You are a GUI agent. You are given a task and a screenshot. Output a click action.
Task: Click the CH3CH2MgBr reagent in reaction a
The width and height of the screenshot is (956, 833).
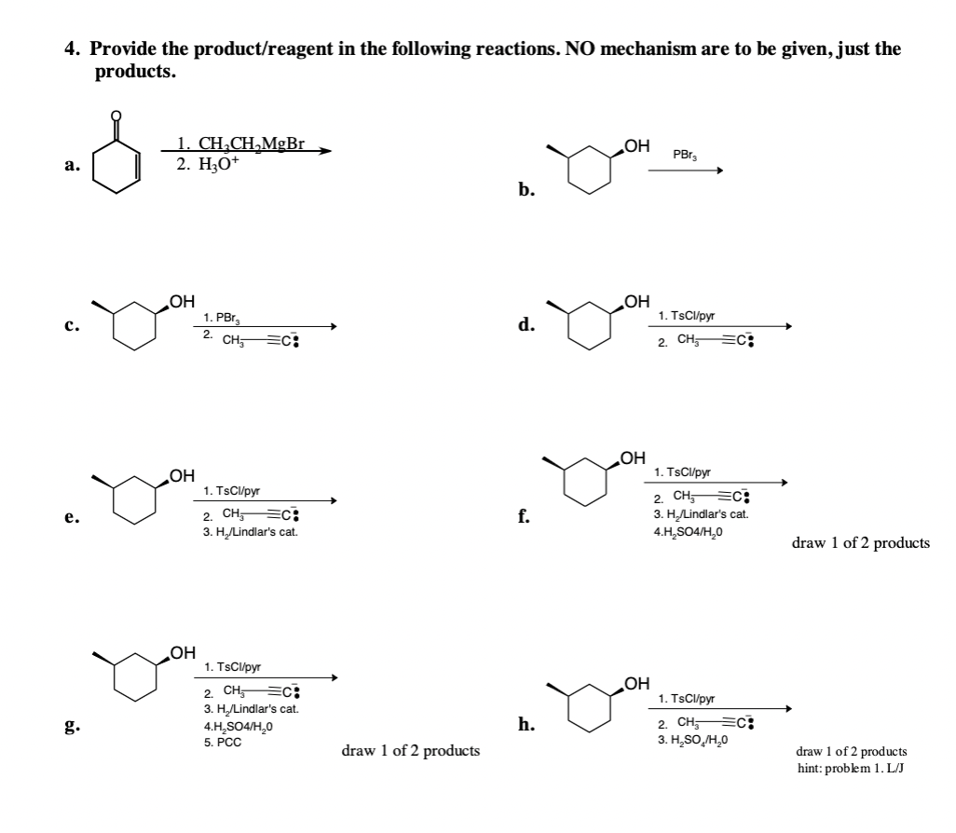click(x=240, y=144)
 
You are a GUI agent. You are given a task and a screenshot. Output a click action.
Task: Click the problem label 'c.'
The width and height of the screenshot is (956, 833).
click(x=71, y=325)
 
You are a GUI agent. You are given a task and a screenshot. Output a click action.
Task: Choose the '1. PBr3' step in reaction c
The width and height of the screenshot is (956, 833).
click(x=221, y=318)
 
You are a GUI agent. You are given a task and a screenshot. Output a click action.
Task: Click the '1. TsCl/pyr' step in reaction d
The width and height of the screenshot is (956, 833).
click(x=686, y=317)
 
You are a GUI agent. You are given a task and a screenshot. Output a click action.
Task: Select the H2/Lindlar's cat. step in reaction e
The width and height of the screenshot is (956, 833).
click(x=250, y=532)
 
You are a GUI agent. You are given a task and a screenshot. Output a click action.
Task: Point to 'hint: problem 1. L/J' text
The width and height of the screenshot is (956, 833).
click(x=851, y=768)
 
